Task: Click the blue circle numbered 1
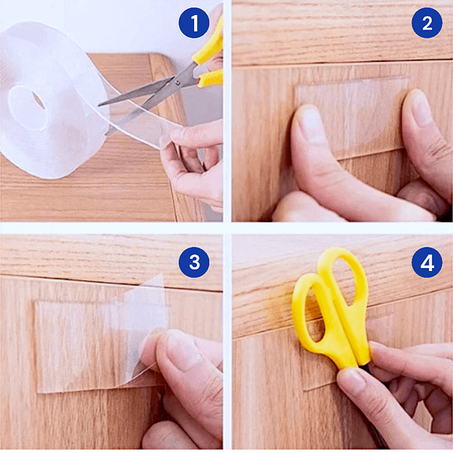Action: coord(194,23)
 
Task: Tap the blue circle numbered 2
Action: coord(427,23)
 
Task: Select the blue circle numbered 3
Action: coord(194,262)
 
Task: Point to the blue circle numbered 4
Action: coord(427,262)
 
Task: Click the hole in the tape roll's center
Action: coord(39,100)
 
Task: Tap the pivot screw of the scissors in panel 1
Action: coord(177,83)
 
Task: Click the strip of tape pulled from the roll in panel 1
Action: coord(139,122)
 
